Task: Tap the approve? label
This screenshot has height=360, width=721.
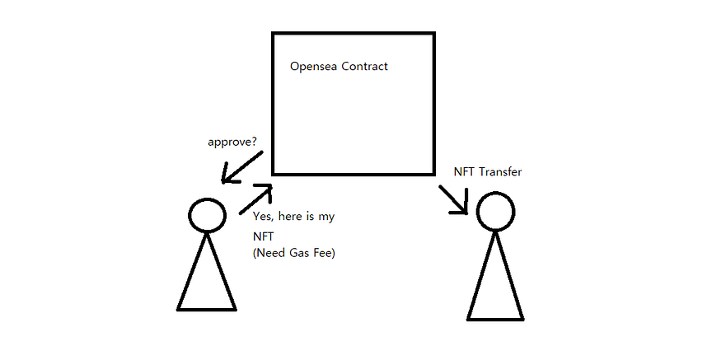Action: [231, 142]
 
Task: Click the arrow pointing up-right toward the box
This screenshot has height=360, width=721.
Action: [255, 200]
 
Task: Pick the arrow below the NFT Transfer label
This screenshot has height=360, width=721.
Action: [454, 200]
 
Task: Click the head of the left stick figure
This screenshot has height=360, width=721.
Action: [207, 214]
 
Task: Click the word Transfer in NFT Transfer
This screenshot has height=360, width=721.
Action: [501, 172]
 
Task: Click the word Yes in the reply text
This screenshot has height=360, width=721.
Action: [264, 217]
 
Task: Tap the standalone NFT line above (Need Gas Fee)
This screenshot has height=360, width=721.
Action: [263, 236]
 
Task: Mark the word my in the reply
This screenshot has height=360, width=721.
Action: [327, 217]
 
